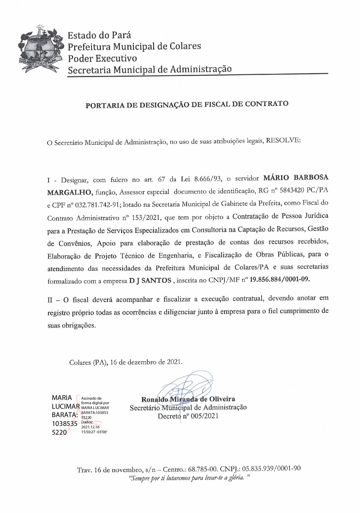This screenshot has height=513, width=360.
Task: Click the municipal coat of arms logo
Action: pos(41,50)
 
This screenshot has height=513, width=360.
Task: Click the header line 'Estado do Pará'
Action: pos(99,35)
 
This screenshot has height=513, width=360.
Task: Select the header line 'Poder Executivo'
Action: pos(102,58)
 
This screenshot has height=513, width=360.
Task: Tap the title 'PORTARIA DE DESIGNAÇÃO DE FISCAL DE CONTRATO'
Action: pos(187,105)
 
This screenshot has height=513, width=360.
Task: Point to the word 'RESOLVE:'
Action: pos(283,140)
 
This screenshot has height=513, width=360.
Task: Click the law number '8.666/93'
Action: pos(208,179)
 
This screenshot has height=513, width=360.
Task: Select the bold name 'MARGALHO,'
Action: pos(70,192)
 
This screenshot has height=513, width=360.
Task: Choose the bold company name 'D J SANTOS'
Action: pos(150,280)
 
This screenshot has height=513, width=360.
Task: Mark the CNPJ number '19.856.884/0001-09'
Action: pos(279,279)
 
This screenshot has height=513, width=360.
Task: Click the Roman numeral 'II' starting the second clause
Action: pos(50,300)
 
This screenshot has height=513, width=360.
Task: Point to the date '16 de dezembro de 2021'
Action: pos(146,362)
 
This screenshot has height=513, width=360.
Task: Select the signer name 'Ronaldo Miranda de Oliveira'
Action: pos(188,399)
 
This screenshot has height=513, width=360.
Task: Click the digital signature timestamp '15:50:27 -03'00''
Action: pos(94,432)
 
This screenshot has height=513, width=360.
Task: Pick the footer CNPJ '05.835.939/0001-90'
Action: pos(271,469)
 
